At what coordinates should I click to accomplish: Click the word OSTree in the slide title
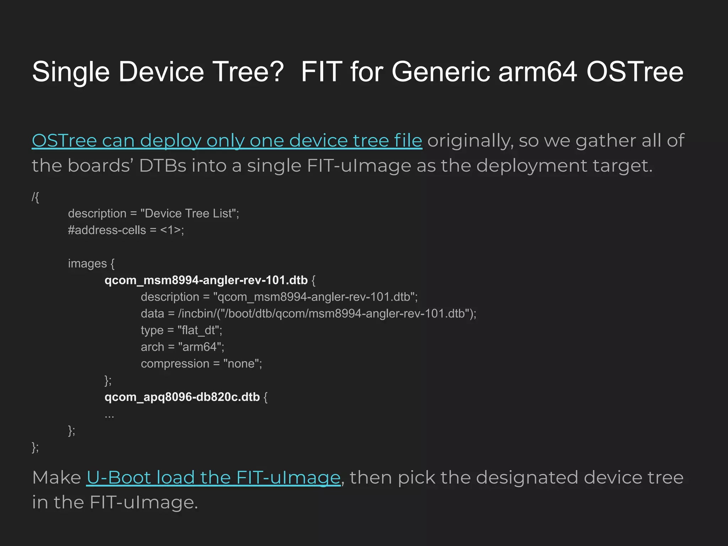coord(635,72)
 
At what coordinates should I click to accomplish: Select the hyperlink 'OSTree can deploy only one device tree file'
coord(227,141)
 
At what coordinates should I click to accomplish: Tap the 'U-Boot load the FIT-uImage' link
coord(213,477)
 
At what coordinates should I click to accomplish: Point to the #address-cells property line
coord(126,230)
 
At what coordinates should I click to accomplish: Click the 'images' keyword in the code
coord(87,263)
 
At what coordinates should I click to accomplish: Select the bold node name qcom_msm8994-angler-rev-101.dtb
coord(206,280)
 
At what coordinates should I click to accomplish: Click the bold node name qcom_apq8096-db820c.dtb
coord(182,397)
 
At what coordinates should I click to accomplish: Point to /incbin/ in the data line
coord(197,314)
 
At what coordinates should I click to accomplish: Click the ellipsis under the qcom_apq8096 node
coord(109,414)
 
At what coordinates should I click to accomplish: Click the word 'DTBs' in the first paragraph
coord(162,166)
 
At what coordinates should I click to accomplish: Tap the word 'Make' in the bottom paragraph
coord(57,477)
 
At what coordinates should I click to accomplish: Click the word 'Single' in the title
coord(71,72)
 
